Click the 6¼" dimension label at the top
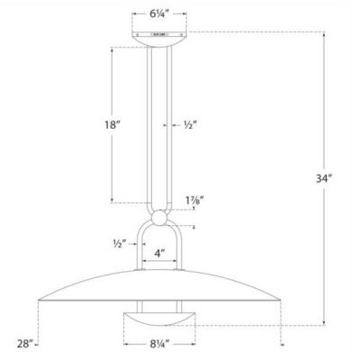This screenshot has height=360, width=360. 163,14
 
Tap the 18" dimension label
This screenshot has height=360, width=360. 112,126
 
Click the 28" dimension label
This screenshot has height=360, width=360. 25,343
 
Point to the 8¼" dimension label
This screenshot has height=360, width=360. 163,343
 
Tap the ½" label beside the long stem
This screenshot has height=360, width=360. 191,124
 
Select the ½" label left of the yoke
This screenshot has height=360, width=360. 117,243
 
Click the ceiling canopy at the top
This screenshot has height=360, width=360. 162,37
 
